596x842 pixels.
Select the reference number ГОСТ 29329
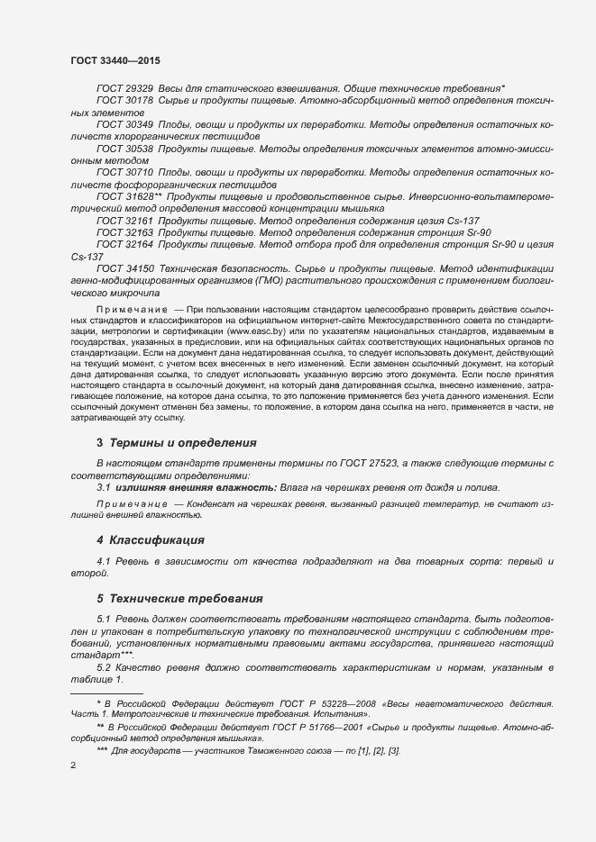coord(124,89)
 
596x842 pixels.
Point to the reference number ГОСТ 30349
coord(124,123)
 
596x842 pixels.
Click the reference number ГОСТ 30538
coord(124,148)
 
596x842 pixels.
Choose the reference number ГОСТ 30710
coord(124,171)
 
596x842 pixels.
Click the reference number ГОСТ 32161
coord(124,220)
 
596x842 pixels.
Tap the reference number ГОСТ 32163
coord(124,232)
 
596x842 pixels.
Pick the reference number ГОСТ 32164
coord(124,244)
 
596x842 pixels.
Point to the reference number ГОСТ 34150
coord(124,268)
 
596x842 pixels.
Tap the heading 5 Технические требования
coord(179,598)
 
